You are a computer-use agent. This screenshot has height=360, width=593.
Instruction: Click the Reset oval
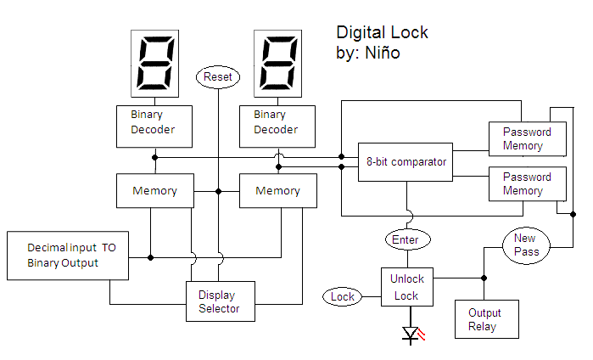[218, 77]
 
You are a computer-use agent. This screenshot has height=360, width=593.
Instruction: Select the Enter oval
[406, 240]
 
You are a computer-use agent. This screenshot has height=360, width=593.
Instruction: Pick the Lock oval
[343, 296]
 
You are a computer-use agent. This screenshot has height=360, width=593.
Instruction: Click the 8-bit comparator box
[406, 161]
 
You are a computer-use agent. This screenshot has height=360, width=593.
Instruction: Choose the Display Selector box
[220, 301]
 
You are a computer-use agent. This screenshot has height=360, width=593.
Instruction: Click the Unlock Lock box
[406, 287]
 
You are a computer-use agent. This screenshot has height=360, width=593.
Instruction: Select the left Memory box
[154, 191]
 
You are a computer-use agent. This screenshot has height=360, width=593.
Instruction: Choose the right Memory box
[277, 191]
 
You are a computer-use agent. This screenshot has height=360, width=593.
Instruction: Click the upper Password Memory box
[527, 138]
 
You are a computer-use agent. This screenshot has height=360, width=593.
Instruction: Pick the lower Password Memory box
[527, 184]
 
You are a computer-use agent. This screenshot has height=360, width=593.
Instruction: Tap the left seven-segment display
[154, 65]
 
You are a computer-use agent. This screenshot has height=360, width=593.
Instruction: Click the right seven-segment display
[277, 65]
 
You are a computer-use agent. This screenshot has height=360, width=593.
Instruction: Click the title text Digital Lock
[383, 32]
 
